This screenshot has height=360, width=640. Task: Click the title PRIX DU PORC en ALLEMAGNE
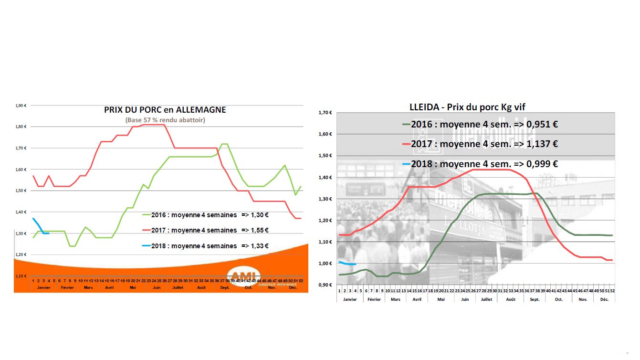point(165,110)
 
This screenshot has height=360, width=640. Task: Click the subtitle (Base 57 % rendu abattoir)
point(165,120)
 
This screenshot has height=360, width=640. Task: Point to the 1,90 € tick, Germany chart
point(21,106)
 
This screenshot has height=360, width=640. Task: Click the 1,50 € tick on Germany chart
point(21,191)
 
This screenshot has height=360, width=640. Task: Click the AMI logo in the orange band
point(244,275)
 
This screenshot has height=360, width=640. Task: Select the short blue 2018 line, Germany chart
point(41,227)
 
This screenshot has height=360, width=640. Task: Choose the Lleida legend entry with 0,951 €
point(480,124)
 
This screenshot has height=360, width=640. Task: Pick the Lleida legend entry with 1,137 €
point(480,144)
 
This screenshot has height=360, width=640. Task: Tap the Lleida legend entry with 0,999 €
point(480,164)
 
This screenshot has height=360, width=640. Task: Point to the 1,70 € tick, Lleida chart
point(325,113)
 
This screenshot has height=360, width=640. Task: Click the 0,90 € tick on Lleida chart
point(325,285)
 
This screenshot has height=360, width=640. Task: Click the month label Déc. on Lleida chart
point(604,299)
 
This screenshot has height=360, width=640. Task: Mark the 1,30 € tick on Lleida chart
point(325,199)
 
